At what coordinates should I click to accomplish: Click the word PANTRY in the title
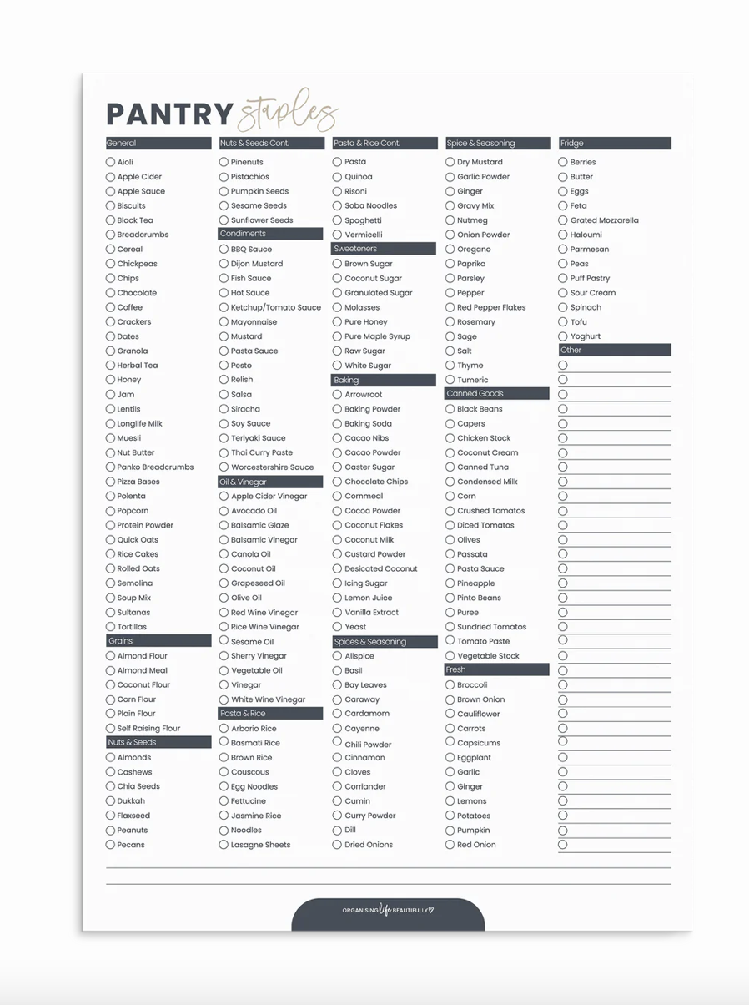pos(169,115)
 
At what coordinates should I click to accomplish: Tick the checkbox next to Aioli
pos(110,162)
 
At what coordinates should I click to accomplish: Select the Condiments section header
pos(270,234)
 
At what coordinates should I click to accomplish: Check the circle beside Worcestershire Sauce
pos(224,467)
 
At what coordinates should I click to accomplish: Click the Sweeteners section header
pos(384,249)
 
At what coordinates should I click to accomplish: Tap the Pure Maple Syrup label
pos(377,336)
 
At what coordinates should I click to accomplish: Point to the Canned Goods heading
pos(497,394)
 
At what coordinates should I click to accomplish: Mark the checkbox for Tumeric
pos(450,380)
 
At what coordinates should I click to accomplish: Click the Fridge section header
pos(615,144)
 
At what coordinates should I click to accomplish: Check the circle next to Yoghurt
pos(563,336)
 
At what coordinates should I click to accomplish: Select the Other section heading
pos(615,351)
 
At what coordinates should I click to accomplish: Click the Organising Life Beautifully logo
pos(388,910)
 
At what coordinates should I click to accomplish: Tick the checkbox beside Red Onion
pos(450,845)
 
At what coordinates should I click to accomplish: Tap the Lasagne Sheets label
pos(260,845)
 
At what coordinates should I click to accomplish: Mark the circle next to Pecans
pos(110,845)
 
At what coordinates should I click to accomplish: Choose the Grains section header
pos(158,641)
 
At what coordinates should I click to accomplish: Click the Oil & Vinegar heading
pos(270,482)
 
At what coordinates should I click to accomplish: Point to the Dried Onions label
pos(369,845)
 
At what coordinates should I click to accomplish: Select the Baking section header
pos(384,380)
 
